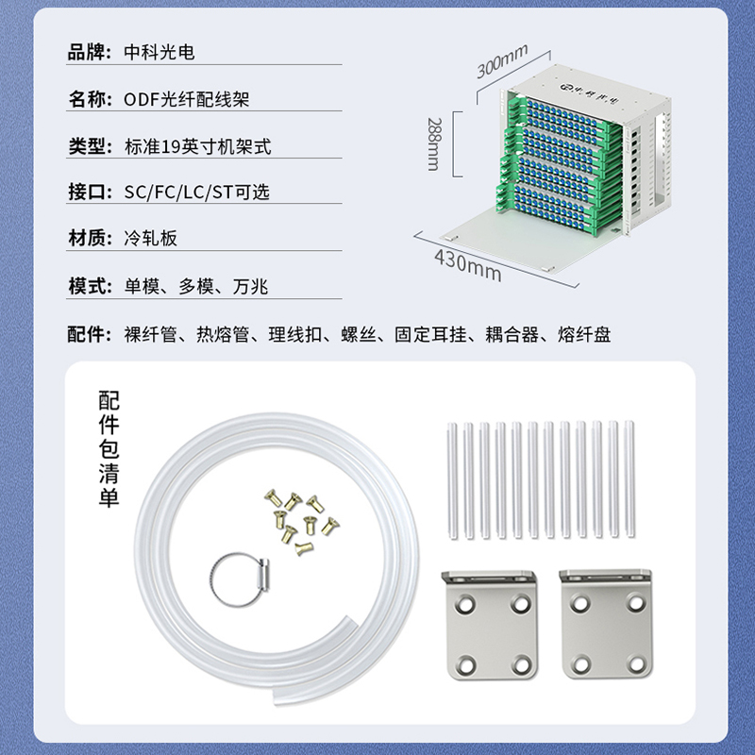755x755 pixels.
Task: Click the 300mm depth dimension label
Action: [502, 60]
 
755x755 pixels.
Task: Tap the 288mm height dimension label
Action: [433, 144]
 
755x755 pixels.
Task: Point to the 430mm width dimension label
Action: [467, 265]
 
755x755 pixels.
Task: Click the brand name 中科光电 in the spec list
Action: [159, 52]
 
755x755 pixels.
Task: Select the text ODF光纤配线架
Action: [187, 99]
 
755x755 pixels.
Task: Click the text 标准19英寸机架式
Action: [198, 146]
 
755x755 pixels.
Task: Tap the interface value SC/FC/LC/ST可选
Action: [197, 193]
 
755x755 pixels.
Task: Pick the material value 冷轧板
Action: [151, 238]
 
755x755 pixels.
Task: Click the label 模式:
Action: [90, 286]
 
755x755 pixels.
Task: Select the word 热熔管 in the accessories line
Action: [223, 334]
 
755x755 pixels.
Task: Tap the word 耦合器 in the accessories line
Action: [512, 334]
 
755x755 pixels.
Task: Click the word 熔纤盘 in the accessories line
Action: [584, 334]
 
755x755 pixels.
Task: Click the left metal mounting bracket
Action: [490, 625]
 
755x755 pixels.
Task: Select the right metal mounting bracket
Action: [607, 625]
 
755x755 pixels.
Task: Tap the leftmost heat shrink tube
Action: [453, 481]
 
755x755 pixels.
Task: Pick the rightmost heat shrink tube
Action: [629, 478]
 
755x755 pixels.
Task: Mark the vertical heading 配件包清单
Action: [109, 449]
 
